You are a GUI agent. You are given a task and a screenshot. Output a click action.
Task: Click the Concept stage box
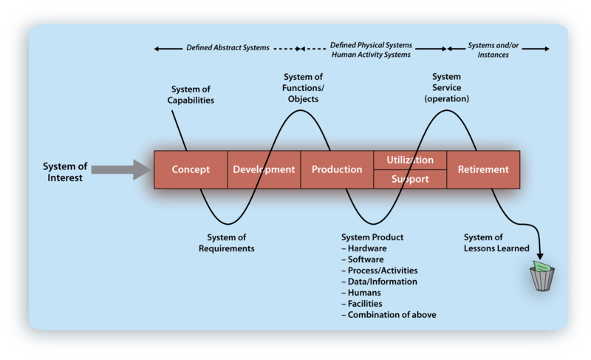191,169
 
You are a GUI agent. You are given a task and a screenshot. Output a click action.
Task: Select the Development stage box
264,169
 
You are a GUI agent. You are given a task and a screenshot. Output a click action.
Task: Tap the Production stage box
337,169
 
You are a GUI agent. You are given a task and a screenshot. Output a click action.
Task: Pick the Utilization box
410,160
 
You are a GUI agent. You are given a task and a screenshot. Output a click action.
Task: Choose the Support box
410,179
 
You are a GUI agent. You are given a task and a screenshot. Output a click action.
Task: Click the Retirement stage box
483,169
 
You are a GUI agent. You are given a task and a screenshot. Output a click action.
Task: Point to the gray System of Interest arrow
121,169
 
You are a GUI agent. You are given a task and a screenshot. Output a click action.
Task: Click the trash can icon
542,276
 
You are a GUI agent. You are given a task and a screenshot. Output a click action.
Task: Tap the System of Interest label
65,172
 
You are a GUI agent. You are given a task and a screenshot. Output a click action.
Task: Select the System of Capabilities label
191,95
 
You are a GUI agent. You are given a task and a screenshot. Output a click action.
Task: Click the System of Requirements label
227,242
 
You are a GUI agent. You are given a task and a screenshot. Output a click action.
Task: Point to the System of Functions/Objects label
303,88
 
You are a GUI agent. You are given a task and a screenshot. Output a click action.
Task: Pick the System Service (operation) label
447,87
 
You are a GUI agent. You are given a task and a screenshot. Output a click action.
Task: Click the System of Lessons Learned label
496,242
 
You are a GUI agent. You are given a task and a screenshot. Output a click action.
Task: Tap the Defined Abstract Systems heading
228,48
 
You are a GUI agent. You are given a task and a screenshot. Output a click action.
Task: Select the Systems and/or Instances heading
493,50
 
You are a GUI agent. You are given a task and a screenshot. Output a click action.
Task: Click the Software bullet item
363,259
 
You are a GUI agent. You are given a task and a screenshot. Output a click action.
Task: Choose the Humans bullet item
361,293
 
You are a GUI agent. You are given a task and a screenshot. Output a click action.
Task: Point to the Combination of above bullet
389,315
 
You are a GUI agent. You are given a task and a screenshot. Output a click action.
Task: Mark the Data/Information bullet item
380,282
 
